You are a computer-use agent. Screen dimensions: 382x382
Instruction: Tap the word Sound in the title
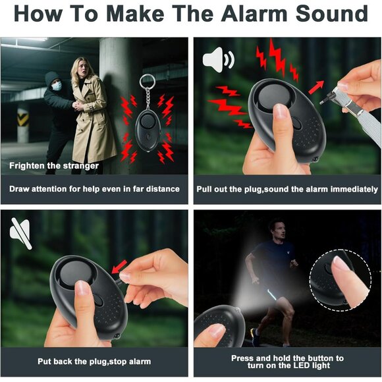[x=332, y=14]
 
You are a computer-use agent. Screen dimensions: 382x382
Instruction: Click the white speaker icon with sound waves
[x=218, y=59]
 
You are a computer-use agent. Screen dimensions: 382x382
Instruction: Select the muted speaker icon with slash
[x=20, y=233]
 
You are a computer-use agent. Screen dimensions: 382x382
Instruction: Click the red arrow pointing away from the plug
[x=316, y=87]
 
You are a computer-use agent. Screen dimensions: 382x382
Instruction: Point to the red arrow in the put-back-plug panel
[x=119, y=267]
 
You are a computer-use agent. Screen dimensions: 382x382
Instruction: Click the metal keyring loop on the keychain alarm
[x=148, y=82]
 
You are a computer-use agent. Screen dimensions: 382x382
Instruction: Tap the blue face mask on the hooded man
[x=57, y=86]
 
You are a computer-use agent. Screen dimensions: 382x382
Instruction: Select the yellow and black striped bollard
[x=23, y=125]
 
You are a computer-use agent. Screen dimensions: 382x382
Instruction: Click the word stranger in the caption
[x=81, y=166]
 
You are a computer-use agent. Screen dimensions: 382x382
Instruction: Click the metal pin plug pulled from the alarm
[x=328, y=98]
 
